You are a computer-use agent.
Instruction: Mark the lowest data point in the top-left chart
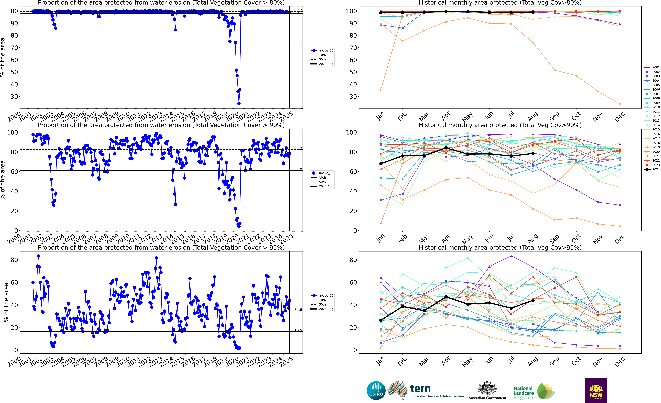pyautogui.click(x=239, y=104)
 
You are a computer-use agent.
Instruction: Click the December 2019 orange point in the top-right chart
pyautogui.click(x=620, y=104)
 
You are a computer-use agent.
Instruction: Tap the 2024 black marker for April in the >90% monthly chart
pyautogui.click(x=446, y=148)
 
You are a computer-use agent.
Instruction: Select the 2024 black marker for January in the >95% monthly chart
pyautogui.click(x=381, y=320)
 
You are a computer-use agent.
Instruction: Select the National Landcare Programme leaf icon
pyautogui.click(x=546, y=391)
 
